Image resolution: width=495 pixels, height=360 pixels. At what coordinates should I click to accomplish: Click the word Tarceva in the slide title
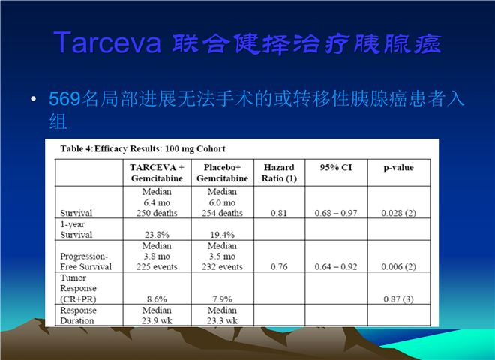[107, 43]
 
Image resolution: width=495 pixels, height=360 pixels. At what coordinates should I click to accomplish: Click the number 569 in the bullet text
[64, 98]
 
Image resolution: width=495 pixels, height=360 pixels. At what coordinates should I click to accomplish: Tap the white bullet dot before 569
[34, 99]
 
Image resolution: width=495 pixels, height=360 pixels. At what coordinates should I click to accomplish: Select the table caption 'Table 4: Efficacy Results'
[143, 148]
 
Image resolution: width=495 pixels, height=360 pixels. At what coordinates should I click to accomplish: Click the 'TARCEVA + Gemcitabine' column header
[157, 172]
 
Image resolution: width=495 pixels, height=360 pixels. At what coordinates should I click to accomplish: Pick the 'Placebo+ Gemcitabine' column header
[222, 172]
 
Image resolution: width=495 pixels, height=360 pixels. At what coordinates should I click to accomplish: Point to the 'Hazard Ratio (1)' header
[279, 172]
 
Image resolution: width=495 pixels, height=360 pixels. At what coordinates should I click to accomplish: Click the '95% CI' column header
[336, 167]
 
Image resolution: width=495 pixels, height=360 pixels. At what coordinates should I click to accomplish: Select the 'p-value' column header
[398, 168]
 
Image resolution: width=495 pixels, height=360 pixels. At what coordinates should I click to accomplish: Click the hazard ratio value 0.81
[279, 213]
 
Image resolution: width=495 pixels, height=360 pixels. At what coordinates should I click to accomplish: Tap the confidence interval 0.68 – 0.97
[336, 213]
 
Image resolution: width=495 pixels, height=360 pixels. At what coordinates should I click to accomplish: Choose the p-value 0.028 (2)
[398, 213]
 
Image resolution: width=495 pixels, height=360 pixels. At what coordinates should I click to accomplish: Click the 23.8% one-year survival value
[157, 235]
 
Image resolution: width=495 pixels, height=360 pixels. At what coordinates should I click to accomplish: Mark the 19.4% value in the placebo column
[222, 235]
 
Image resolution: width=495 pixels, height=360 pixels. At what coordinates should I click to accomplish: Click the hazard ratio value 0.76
[279, 266]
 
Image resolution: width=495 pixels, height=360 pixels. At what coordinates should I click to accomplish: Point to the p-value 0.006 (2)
[398, 266]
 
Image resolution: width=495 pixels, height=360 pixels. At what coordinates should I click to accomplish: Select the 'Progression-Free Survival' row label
[85, 261]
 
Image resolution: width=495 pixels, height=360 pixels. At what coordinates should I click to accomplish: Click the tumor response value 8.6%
[157, 298]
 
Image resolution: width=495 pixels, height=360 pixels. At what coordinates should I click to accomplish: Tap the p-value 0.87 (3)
[398, 298]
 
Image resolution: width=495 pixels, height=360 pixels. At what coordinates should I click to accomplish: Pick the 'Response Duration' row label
[78, 315]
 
